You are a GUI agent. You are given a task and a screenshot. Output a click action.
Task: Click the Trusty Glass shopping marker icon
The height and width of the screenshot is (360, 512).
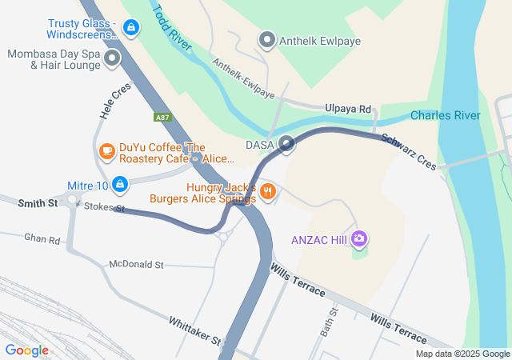[x=130, y=28]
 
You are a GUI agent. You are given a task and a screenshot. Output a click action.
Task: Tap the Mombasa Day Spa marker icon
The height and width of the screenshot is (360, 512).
[x=111, y=58]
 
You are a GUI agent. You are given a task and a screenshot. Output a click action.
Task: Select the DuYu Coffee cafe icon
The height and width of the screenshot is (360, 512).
[x=106, y=150]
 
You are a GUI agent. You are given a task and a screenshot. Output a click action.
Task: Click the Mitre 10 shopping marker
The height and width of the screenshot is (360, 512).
[x=119, y=185]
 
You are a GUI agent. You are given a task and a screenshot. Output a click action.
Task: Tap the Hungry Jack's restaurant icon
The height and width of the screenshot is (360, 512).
[x=268, y=191]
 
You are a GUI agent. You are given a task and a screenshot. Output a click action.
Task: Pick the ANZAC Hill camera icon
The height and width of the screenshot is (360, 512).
[x=360, y=238]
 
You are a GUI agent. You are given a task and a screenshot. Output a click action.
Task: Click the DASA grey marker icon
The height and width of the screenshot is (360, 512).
[x=286, y=144]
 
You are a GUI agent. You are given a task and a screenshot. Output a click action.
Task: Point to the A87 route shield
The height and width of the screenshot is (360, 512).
[x=163, y=117]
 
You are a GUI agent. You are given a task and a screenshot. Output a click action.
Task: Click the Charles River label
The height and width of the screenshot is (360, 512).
[x=445, y=115]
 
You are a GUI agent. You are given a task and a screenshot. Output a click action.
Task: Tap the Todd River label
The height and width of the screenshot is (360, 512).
[x=173, y=27]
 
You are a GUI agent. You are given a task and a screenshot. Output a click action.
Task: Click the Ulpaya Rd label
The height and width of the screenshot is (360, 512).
[x=348, y=108]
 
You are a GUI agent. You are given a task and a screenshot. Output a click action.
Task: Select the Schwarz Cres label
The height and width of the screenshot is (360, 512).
[x=408, y=150]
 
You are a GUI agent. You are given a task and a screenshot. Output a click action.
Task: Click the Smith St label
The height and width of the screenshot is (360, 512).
[x=38, y=204]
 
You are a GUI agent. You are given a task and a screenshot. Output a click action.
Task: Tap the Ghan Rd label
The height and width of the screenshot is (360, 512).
[x=42, y=239]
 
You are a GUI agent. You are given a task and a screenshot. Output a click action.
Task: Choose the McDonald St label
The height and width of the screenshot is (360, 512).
[x=136, y=264]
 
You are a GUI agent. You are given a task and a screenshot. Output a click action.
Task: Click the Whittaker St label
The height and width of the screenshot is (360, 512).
[x=194, y=330]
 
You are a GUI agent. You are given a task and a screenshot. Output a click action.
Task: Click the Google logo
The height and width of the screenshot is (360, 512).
[x=26, y=350]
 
